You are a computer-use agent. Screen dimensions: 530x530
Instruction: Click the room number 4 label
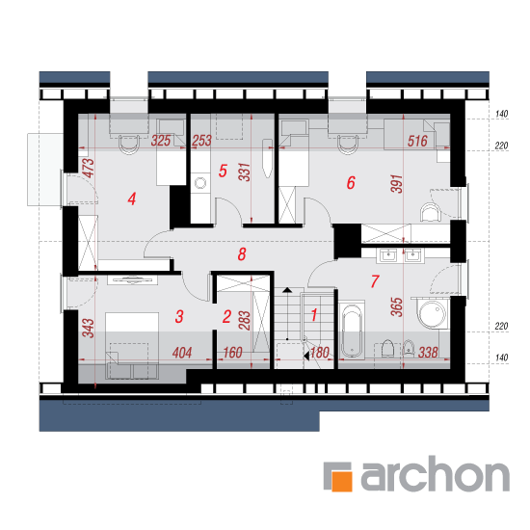click(x=132, y=199)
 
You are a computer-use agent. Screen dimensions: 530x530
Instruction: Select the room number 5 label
click(x=223, y=171)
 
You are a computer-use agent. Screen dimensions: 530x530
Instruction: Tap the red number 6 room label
click(x=351, y=182)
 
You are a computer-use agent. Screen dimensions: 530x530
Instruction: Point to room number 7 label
click(x=375, y=281)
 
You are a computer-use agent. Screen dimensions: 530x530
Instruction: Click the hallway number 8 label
click(x=242, y=254)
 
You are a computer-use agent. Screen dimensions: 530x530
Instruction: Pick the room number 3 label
click(x=179, y=316)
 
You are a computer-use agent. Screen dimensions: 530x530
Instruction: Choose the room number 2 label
click(x=226, y=316)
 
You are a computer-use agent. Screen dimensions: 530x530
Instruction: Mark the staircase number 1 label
click(x=314, y=315)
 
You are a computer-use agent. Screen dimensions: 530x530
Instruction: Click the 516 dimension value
click(x=417, y=141)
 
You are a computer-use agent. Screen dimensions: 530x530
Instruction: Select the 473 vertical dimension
click(x=89, y=168)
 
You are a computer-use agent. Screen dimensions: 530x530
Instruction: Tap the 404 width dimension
click(x=182, y=353)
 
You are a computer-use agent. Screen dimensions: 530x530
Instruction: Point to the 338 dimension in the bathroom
click(x=428, y=353)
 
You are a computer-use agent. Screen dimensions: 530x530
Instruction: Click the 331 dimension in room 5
click(x=245, y=172)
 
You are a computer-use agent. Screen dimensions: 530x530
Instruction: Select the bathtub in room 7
click(x=352, y=330)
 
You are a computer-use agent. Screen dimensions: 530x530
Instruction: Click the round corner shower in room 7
click(x=433, y=313)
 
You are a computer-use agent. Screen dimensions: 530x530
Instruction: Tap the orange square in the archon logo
click(x=342, y=481)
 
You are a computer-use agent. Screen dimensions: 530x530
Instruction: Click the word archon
click(x=436, y=473)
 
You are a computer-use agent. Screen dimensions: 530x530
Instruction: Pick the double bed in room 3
click(x=132, y=345)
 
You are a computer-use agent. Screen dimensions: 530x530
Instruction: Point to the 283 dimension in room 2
click(x=245, y=320)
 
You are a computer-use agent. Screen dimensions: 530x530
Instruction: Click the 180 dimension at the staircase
click(x=319, y=353)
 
